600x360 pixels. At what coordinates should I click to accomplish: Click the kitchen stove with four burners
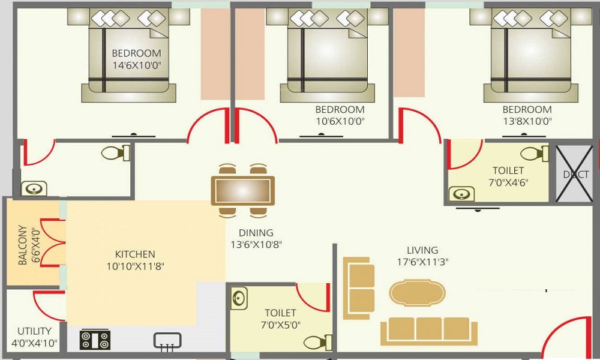[95, 340]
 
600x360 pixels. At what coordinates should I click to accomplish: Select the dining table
[242, 190]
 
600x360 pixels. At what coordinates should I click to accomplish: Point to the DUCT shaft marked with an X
[575, 175]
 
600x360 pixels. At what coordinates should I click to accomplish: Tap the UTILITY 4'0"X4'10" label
[34, 337]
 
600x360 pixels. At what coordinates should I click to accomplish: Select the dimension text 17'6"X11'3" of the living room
[422, 262]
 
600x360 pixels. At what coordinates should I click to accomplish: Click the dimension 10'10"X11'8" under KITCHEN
[135, 266]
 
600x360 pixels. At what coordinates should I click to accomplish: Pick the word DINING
[256, 233]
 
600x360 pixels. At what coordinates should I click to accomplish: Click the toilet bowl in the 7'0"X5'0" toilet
[314, 341]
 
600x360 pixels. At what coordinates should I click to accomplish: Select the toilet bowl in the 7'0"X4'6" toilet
[535, 154]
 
